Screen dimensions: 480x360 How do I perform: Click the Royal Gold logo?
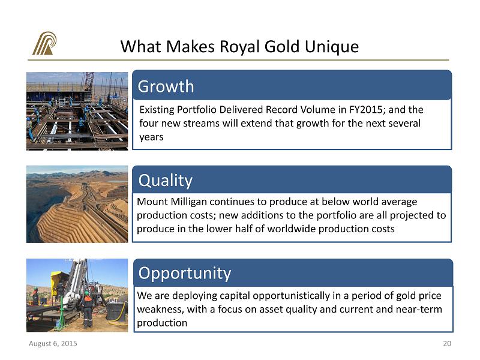(44, 43)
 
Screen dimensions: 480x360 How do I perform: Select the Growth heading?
(166, 86)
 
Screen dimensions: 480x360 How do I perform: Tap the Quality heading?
(166, 181)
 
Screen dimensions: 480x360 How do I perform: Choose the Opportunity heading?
(185, 274)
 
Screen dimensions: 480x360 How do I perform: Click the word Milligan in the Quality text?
(188, 202)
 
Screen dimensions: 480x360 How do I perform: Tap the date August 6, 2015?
(53, 343)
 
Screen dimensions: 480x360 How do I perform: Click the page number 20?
(447, 343)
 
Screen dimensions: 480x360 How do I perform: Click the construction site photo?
(77, 111)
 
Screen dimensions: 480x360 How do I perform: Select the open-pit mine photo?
(77, 204)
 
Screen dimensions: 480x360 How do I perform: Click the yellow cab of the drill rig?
(58, 282)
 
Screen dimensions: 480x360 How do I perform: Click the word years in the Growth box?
(151, 137)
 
